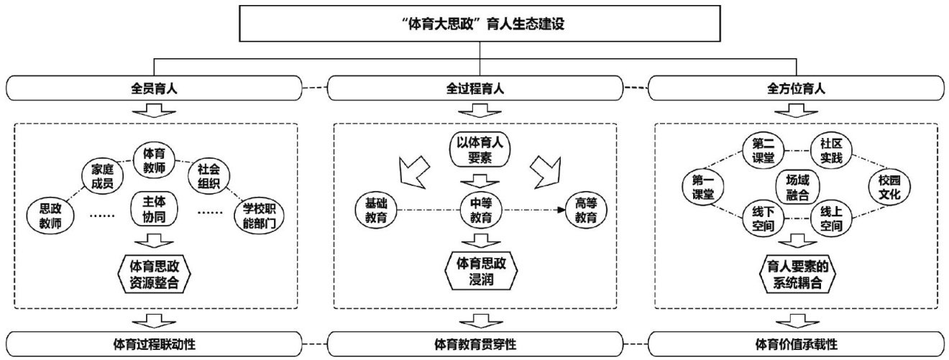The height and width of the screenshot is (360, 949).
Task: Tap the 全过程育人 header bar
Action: [475, 90]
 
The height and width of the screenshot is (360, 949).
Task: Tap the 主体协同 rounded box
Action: [154, 209]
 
